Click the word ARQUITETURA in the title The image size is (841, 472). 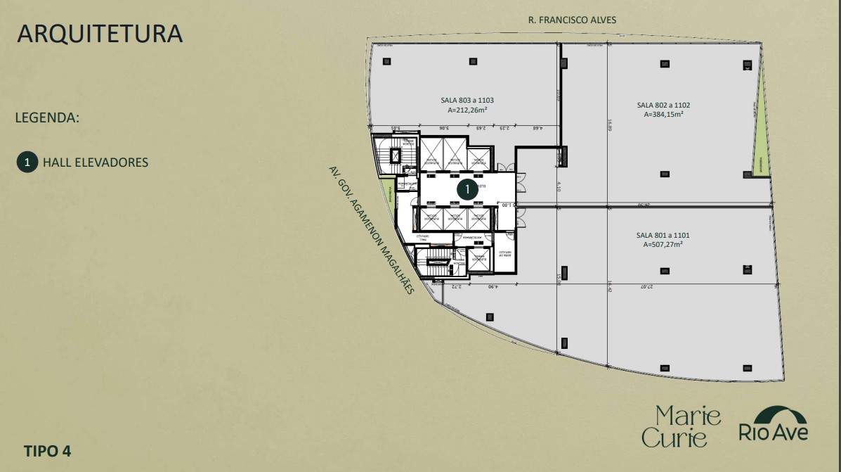[100, 34]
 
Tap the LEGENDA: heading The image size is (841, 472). [47, 117]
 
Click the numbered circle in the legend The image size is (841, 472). [27, 162]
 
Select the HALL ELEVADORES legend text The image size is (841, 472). [96, 162]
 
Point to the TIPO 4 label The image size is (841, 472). [47, 450]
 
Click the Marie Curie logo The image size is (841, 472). [681, 426]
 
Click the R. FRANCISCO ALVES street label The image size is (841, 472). [572, 20]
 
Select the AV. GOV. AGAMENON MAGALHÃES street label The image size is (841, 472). [372, 229]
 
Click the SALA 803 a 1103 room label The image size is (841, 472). [467, 101]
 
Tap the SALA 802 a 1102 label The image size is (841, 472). [663, 105]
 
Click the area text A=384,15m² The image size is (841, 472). [663, 114]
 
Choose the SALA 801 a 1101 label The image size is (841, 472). [663, 235]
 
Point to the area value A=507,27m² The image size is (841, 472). [663, 244]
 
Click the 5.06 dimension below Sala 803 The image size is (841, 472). [444, 129]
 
